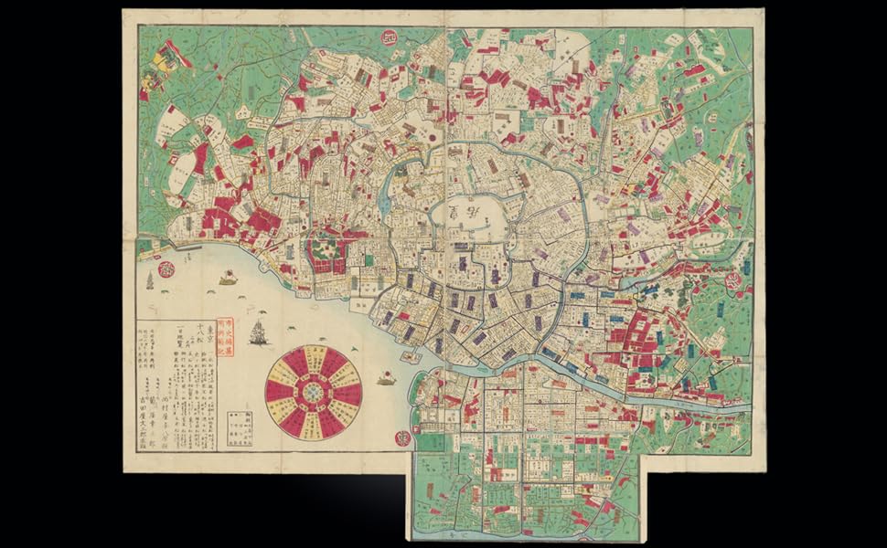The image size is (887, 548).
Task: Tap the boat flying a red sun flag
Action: pyautogui.click(x=387, y=377)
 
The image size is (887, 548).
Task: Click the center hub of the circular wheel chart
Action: pyautogui.click(x=314, y=390)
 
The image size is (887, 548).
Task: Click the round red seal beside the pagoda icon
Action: pyautogui.click(x=166, y=269)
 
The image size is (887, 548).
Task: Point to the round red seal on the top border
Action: pyautogui.click(x=388, y=36)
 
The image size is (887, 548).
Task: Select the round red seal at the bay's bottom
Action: pyautogui.click(x=401, y=437)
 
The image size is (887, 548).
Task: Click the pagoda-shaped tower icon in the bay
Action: pyautogui.click(x=150, y=280)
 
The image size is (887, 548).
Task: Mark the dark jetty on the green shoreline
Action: pyautogui.click(x=187, y=248)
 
